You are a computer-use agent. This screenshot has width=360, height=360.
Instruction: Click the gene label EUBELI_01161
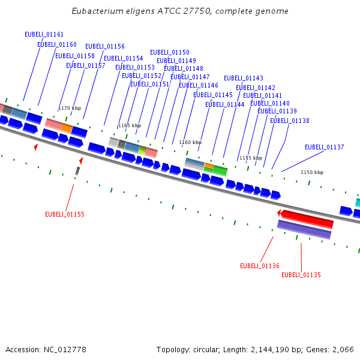pyautogui.click(x=44, y=34)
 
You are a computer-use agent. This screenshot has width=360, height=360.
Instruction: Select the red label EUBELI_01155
pyautogui.click(x=65, y=214)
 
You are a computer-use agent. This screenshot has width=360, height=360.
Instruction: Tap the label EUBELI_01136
pyautogui.click(x=260, y=266)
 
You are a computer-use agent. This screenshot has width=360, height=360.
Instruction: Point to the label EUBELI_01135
pyautogui.click(x=301, y=275)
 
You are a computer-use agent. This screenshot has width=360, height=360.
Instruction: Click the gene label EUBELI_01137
pyautogui.click(x=324, y=147)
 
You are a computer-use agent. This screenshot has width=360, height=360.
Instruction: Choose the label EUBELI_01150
pyautogui.click(x=169, y=52)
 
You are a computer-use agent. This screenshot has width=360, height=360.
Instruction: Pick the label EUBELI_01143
pyautogui.click(x=244, y=78)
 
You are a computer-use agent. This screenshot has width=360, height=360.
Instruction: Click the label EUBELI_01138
pyautogui.click(x=290, y=121)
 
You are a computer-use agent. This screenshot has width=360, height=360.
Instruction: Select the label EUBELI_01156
pyautogui.click(x=105, y=46)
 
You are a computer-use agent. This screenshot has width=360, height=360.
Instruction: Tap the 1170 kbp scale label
pyautogui.click(x=70, y=108)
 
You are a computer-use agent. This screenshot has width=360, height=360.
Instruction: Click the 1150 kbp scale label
pyautogui.click(x=312, y=172)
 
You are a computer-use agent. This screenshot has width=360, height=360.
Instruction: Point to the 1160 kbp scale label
pyautogui.click(x=190, y=142)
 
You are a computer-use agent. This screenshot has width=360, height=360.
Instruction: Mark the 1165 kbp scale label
pyautogui.click(x=130, y=125)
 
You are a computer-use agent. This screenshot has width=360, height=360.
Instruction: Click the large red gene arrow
pyautogui.click(x=307, y=218)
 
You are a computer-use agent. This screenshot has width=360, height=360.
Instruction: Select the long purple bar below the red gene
pyautogui.click(x=304, y=229)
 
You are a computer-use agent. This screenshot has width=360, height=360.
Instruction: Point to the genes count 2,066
pyautogui.click(x=343, y=349)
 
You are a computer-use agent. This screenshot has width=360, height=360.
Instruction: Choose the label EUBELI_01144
pyautogui.click(x=224, y=104)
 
